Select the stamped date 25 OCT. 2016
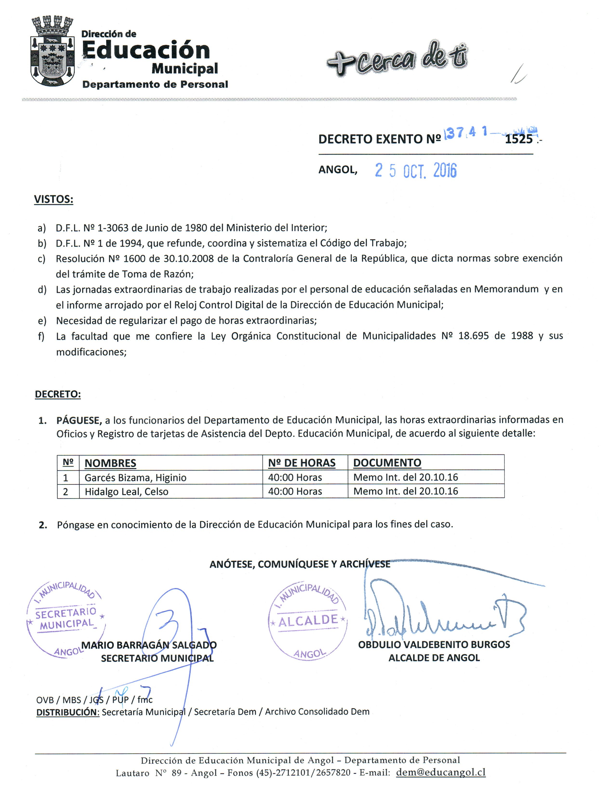416,170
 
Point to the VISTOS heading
53,199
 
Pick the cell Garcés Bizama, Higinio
135,477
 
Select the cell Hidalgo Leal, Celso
126,492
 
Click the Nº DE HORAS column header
302,463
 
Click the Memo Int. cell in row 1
405,477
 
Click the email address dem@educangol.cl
441,772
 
